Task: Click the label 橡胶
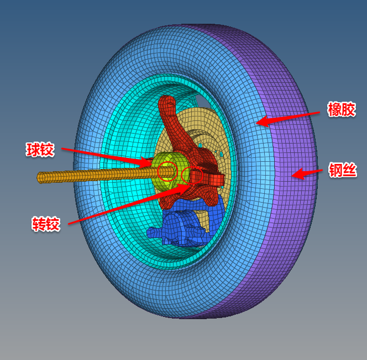(342, 109)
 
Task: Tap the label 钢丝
(343, 170)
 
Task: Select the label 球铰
(40, 150)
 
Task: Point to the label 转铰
(46, 224)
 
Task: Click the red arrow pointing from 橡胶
(287, 119)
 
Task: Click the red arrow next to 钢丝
(307, 174)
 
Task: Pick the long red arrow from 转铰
(129, 204)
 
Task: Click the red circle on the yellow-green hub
(167, 171)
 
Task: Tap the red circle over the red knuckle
(192, 176)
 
